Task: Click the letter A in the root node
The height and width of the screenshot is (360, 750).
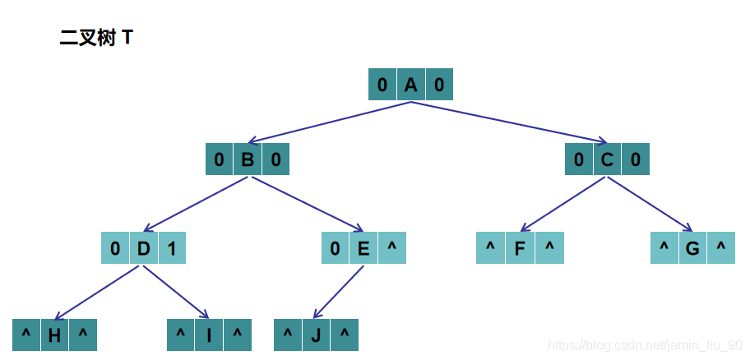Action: tap(411, 85)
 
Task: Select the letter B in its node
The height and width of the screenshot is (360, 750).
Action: tap(248, 159)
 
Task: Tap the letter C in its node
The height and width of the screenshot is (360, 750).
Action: tap(607, 159)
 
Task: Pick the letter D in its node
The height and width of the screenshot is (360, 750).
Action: tap(143, 247)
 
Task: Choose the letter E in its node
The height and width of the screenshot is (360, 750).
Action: tap(363, 247)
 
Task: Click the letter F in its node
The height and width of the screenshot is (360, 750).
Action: tap(520, 247)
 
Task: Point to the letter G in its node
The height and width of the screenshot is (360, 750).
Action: tap(692, 247)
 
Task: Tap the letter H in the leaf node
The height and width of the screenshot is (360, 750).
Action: tap(54, 335)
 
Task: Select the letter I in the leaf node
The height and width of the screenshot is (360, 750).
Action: tap(209, 335)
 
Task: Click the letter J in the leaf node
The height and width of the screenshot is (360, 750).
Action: tap(316, 335)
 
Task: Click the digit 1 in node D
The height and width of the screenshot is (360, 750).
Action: tap(172, 247)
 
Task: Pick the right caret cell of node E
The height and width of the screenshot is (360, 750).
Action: tap(392, 247)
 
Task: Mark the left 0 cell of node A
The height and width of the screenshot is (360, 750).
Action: tap(382, 85)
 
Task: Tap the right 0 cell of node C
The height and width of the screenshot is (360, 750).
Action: tap(636, 159)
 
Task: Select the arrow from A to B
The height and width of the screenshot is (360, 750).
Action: tap(329, 122)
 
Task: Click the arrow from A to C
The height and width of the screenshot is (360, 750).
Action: tap(510, 122)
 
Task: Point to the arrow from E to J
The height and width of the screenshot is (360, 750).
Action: tap(339, 291)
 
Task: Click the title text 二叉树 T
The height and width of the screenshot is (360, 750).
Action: tap(96, 38)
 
